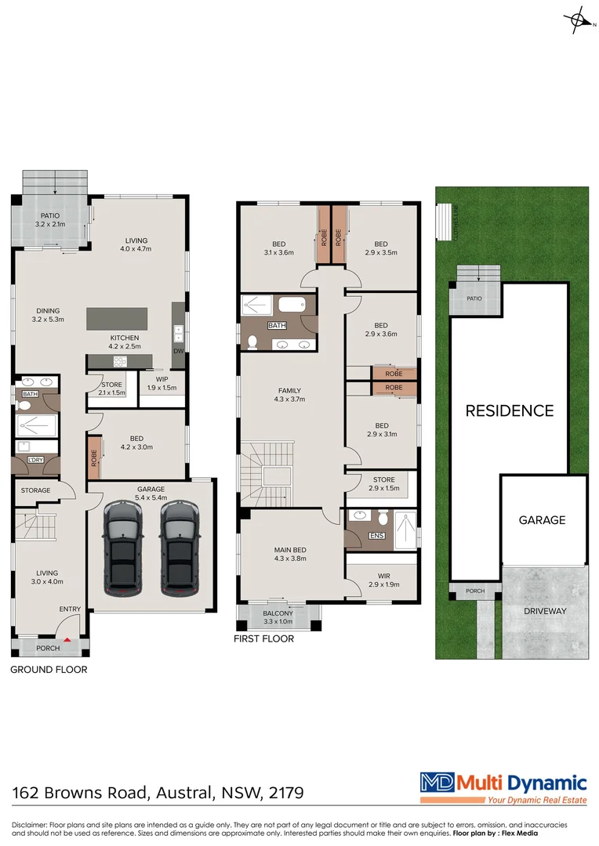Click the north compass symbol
coord(578,20)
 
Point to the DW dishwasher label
coord(178,351)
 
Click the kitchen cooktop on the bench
coord(121,361)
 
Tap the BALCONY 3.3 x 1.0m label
coord(278,617)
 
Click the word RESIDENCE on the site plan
coord(510,410)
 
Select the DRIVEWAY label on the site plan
coord(546,611)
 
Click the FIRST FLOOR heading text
coord(263,639)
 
